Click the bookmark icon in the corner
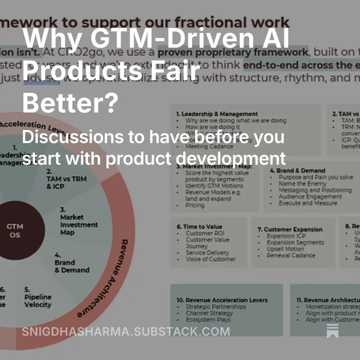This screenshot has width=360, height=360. pos(333,331)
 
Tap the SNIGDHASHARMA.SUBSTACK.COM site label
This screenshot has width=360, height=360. pos(126,332)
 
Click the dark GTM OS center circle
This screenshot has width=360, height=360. pos(15,230)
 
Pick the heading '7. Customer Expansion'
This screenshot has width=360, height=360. pos(290,229)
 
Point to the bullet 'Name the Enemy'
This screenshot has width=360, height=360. pos(302,184)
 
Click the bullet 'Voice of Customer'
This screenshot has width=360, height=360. pos(211,259)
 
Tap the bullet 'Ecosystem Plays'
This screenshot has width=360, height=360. pos(208,319)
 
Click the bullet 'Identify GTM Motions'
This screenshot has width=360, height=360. pos(214,186)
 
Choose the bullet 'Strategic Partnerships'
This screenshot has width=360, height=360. pos(216,306)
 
